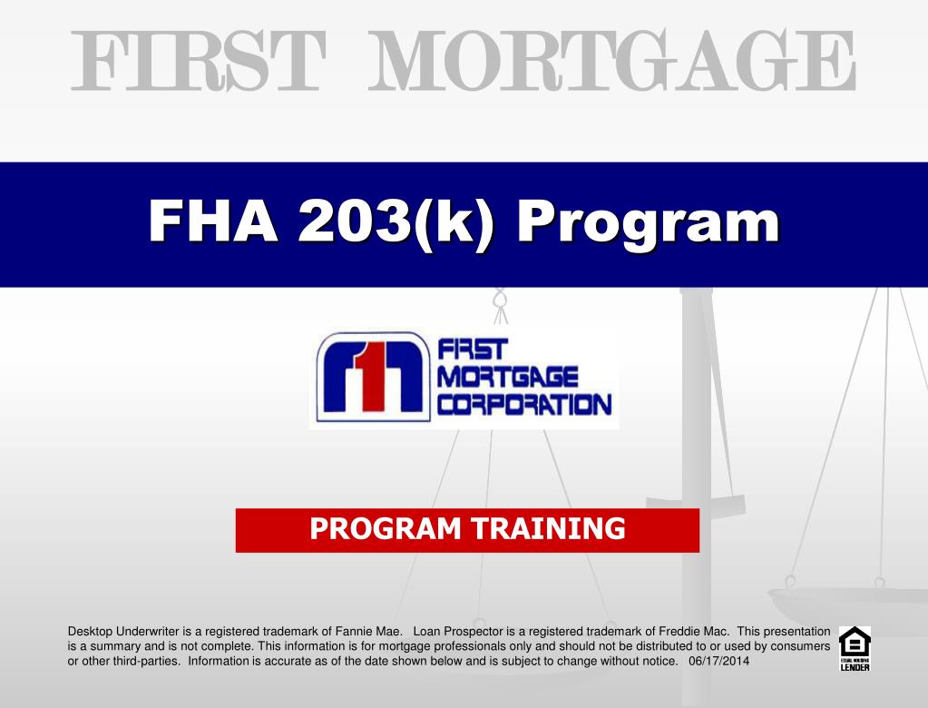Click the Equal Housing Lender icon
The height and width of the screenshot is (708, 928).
coord(855,648)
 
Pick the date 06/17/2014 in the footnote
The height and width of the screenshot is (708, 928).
coord(719,661)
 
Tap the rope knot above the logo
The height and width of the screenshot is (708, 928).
coord(499,300)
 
